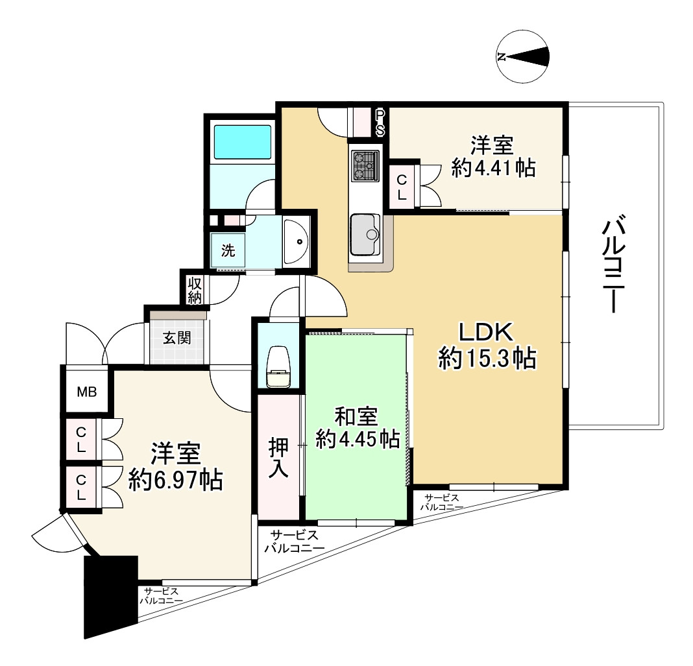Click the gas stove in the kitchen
pyautogui.click(x=365, y=165)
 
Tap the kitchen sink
pyautogui.click(x=365, y=234)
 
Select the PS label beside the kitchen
pyautogui.click(x=380, y=123)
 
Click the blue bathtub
pyautogui.click(x=242, y=142)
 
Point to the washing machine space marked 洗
pyautogui.click(x=227, y=250)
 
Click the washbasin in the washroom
pyautogui.click(x=297, y=241)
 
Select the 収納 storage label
pyautogui.click(x=194, y=290)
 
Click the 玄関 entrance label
pyautogui.click(x=176, y=338)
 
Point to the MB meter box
pyautogui.click(x=87, y=392)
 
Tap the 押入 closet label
pyautogui.click(x=279, y=457)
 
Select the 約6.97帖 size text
pyautogui.click(x=176, y=480)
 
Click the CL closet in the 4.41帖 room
pyautogui.click(x=402, y=186)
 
